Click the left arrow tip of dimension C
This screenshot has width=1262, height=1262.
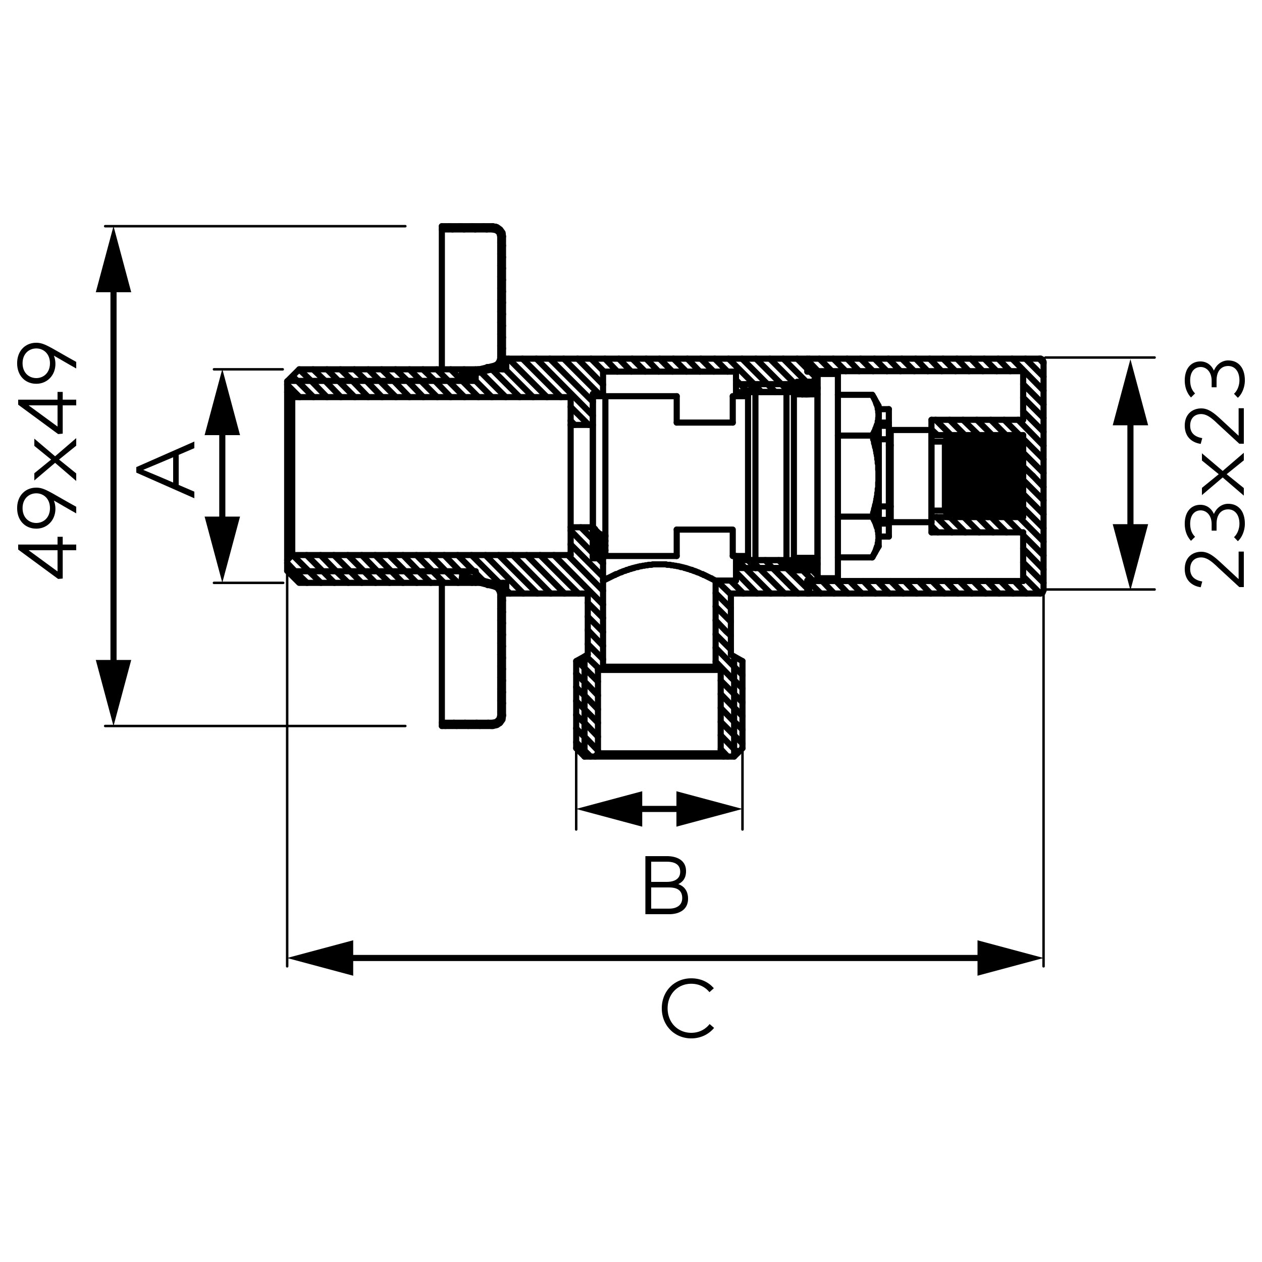[288, 958]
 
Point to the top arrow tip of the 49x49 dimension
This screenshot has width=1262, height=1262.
[114, 227]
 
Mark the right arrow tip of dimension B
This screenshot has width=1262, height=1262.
[742, 809]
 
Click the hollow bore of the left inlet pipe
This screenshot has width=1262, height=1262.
[431, 476]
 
